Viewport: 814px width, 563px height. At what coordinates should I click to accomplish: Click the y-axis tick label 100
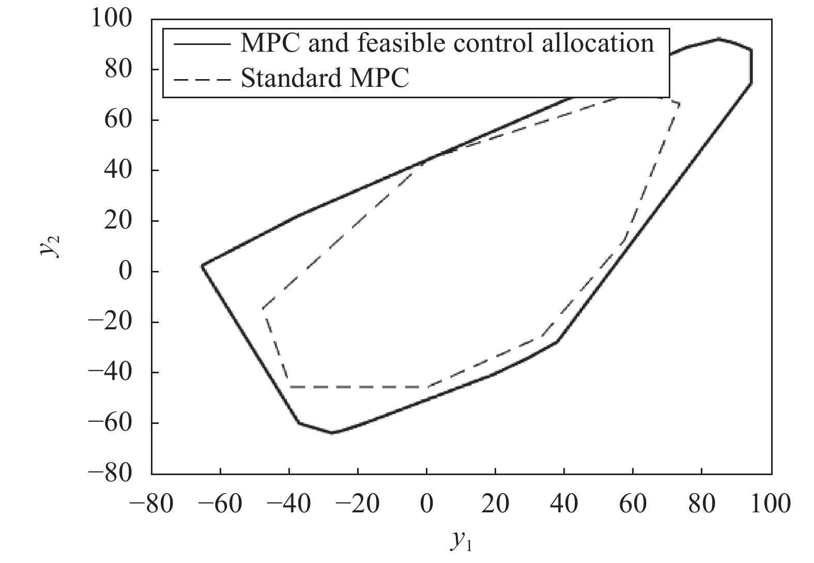coord(118,19)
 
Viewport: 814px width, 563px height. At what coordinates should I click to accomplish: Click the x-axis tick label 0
coord(427,503)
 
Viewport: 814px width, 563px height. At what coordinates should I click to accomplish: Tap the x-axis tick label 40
coord(564,503)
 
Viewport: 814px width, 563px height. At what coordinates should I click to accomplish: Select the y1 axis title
coord(460,540)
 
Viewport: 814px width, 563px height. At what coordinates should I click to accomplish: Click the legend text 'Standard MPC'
coord(325,79)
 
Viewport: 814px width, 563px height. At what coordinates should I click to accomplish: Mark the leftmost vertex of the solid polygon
coord(202,265)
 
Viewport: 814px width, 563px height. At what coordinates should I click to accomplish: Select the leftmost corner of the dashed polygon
coord(263,309)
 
